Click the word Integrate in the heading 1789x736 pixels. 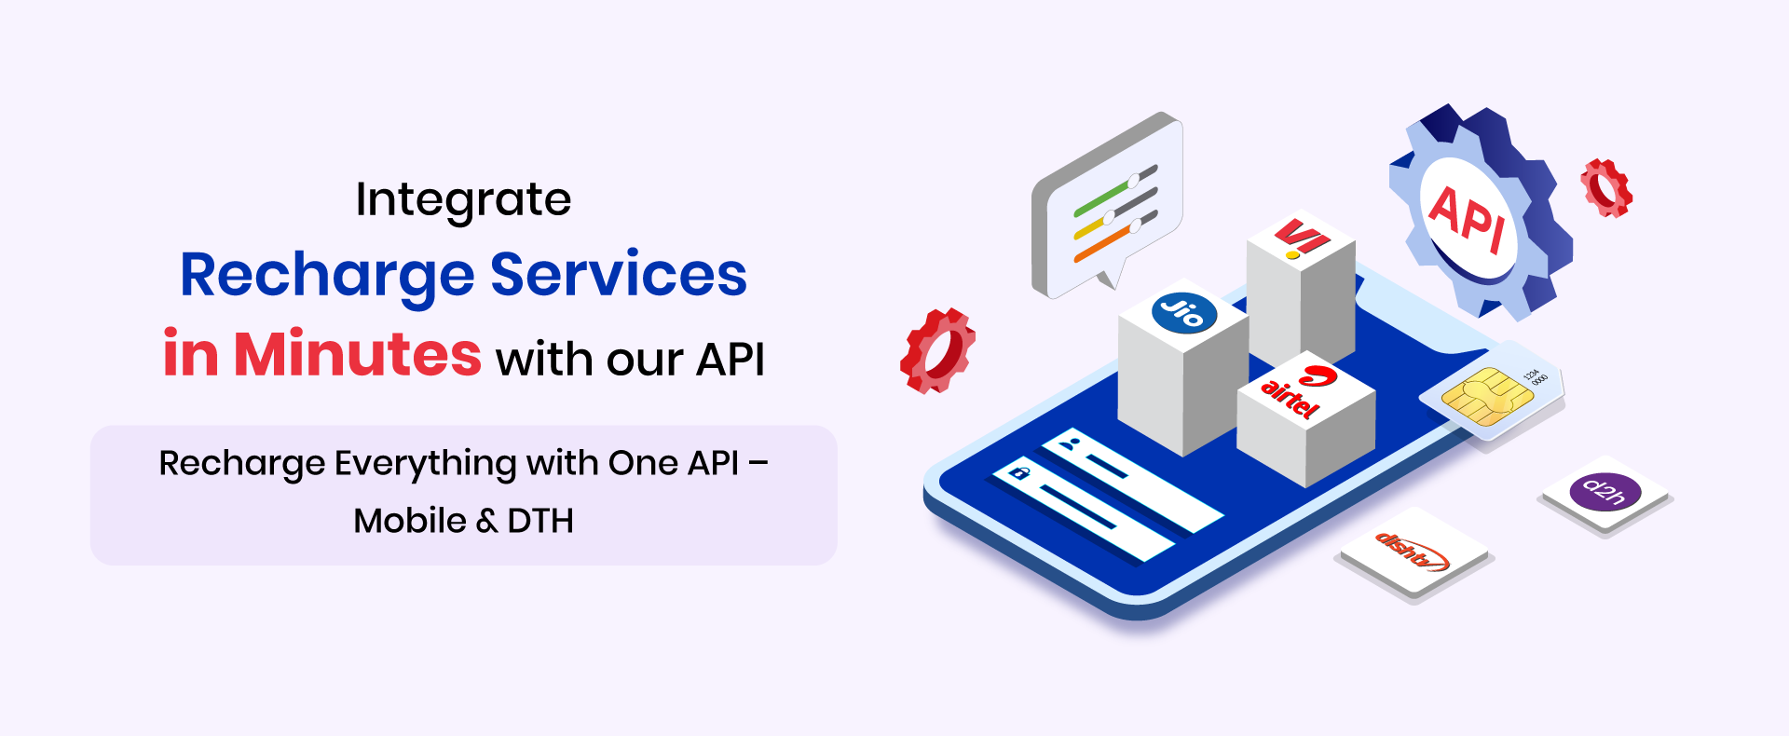coord(463,200)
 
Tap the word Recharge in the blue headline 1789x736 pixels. coord(328,277)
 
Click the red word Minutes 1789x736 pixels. coord(357,354)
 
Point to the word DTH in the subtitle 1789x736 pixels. coord(540,521)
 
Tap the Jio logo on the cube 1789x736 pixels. coord(1184,312)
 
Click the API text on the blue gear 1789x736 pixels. coord(1468,219)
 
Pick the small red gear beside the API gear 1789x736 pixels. coord(1606,188)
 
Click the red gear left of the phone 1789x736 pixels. coord(936,350)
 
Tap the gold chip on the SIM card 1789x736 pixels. coord(1486,396)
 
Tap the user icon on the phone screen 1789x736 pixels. coord(1071,444)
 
